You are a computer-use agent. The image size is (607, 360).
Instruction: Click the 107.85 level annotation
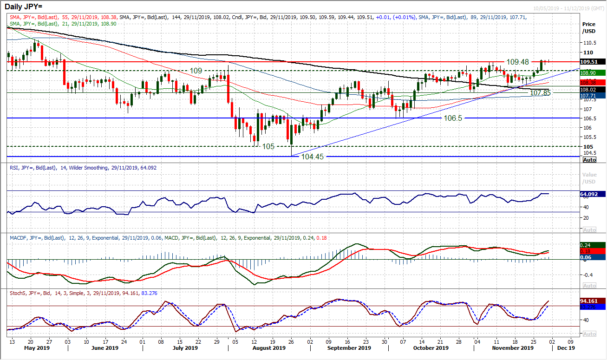[540, 93]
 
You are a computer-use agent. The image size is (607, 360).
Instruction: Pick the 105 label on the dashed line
[268, 146]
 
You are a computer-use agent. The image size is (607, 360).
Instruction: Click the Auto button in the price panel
[589, 159]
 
